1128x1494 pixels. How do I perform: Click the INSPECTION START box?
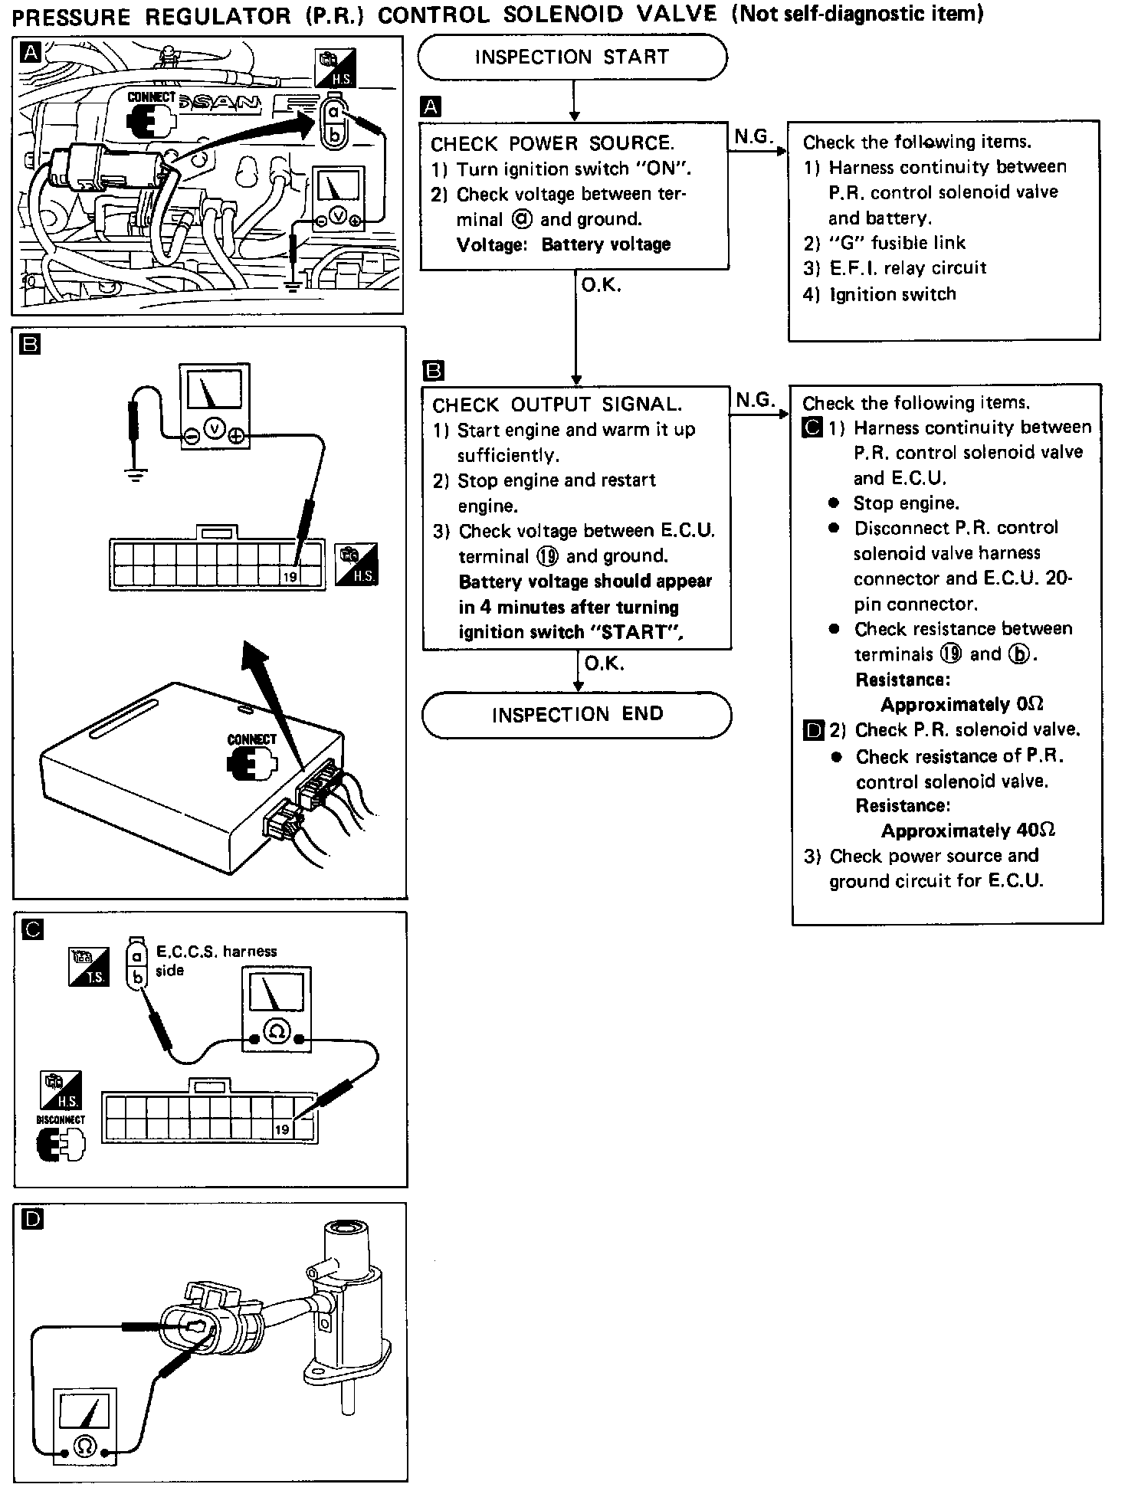click(572, 57)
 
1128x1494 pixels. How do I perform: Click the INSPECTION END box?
click(577, 715)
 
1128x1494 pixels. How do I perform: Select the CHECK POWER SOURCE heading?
click(552, 144)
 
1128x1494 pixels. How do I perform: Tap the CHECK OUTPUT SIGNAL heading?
click(556, 405)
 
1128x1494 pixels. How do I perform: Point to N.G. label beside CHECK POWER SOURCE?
click(753, 136)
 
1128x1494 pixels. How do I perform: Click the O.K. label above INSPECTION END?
click(604, 663)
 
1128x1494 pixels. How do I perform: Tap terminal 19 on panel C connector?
click(282, 1129)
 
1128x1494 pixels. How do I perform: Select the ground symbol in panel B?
click(136, 477)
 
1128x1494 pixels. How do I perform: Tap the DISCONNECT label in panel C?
click(61, 1119)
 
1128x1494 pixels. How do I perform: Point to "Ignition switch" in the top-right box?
click(893, 295)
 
